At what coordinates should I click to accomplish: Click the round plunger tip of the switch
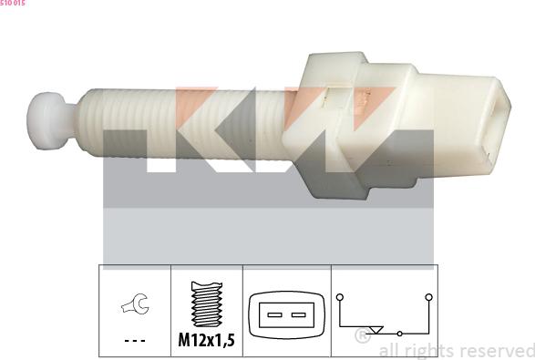[47, 121]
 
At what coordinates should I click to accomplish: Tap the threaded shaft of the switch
[184, 124]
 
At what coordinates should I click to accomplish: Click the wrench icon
[136, 303]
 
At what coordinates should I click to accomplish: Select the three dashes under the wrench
[135, 341]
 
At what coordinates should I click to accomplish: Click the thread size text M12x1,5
[206, 340]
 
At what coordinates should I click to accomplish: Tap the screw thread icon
[207, 304]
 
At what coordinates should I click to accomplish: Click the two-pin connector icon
[286, 315]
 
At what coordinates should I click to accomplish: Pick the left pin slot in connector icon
[274, 314]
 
